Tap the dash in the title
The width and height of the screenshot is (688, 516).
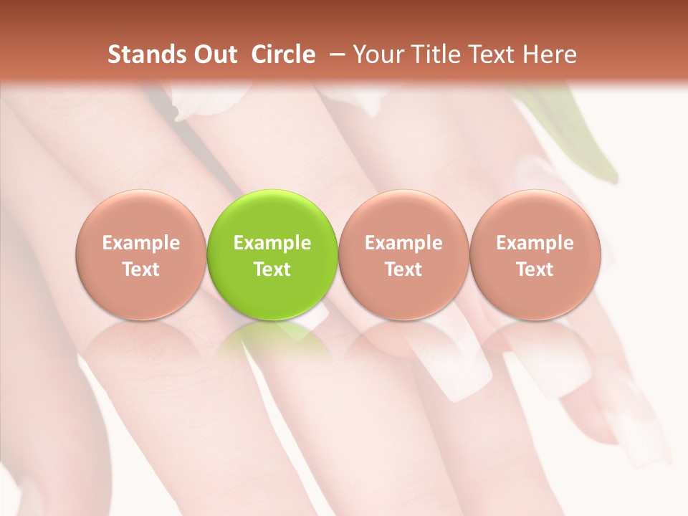334,54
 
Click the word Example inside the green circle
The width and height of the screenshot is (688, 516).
272,243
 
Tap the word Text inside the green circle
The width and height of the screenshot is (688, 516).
272,269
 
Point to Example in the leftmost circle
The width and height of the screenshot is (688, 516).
140,243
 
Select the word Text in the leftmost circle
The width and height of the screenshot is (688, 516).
140,269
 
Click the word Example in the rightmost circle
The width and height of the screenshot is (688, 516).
535,243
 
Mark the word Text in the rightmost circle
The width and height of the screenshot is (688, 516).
535,269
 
